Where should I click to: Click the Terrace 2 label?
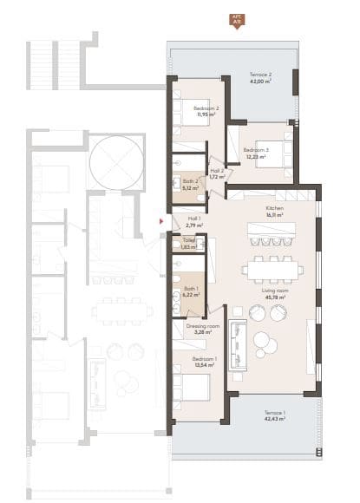pyautogui.click(x=261, y=75)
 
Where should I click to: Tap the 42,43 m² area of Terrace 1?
pyautogui.click(x=275, y=418)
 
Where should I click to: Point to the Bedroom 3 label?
pyautogui.click(x=256, y=149)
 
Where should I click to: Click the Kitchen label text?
pyautogui.click(x=262, y=208)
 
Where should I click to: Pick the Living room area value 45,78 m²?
pyautogui.click(x=263, y=301)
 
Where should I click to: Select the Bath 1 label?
pyautogui.click(x=189, y=290)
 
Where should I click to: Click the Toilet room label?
pyautogui.click(x=189, y=240)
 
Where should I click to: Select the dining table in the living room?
pyautogui.click(x=271, y=269)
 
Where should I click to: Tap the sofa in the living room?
pyautogui.click(x=237, y=336)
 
